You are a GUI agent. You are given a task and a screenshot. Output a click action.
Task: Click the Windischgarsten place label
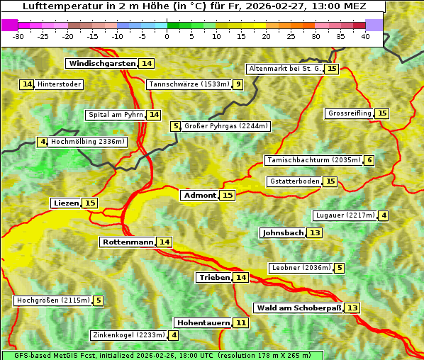pos(102,63)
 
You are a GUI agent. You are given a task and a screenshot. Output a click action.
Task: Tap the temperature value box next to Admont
pos(227,195)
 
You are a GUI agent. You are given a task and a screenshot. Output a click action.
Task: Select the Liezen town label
pos(66,203)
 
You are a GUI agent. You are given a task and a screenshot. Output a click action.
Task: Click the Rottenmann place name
pos(128,242)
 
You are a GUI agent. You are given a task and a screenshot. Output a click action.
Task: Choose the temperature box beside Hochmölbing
pos(42,142)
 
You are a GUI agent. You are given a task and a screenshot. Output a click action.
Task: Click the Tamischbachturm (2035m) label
pos(313,160)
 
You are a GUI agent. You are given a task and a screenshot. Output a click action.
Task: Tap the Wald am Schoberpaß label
pos(299,308)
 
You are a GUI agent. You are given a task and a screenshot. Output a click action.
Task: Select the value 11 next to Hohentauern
pos(241,322)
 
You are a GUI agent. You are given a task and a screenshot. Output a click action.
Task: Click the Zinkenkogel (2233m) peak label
pos(128,335)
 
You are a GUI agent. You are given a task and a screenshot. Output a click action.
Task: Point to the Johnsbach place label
pos(283,232)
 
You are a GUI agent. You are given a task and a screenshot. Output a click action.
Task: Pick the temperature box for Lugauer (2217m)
pos(384,215)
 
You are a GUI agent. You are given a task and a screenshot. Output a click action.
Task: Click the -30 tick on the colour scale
pos(18,36)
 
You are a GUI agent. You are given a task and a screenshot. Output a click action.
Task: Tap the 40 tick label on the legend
pos(365,36)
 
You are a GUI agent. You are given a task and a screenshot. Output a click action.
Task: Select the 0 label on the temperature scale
pos(167,36)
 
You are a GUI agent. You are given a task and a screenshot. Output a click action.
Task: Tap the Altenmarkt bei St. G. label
pos(284,69)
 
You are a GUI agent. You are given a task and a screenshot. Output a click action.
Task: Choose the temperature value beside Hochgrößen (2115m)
pos(98,300)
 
